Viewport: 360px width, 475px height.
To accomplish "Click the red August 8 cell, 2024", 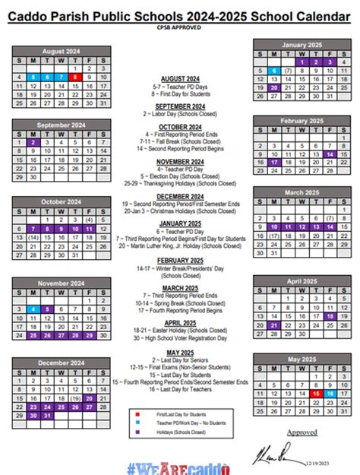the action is tap(74, 76).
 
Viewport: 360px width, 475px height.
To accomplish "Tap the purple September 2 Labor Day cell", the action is tap(33, 141).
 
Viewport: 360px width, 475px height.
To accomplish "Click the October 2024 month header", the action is tap(61, 201).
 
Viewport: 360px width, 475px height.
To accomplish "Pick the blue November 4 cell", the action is tap(33, 309).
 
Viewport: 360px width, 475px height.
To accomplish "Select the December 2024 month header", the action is tap(61, 362).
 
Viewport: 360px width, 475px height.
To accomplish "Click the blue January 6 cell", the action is tap(274, 71).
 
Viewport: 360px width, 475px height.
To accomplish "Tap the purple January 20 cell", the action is tap(274, 87).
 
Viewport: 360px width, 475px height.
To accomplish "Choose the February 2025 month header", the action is tap(302, 121).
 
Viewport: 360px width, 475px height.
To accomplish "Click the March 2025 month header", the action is tap(302, 193).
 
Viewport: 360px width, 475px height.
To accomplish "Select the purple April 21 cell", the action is tap(274, 325).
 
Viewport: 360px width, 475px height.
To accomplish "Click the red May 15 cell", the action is tap(316, 394).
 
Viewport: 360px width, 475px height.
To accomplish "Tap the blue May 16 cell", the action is tap(330, 394).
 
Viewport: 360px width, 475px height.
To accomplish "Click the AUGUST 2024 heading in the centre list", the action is tap(180, 78).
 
